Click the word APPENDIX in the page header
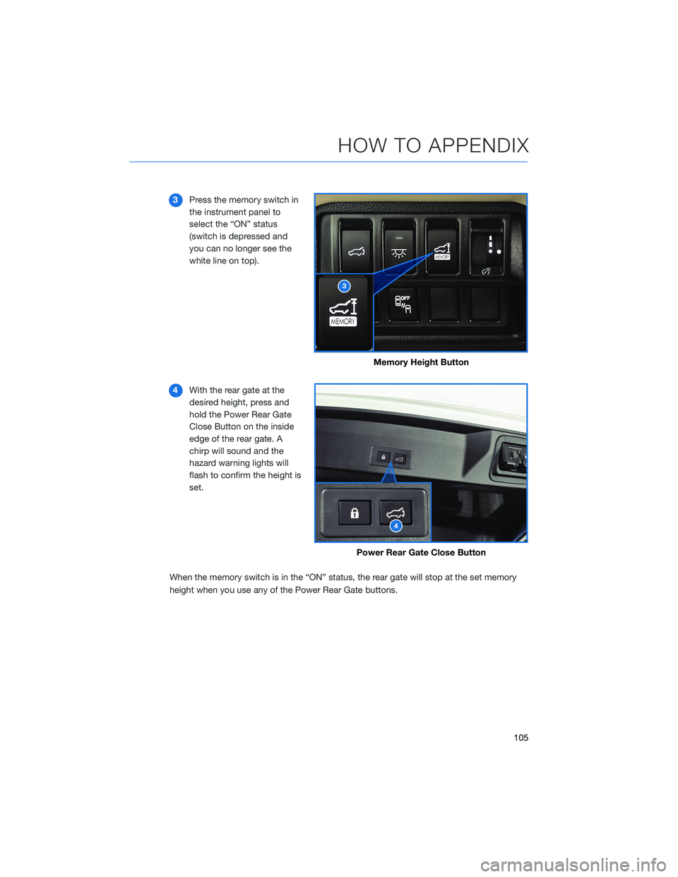click(x=478, y=145)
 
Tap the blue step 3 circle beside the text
click(x=176, y=200)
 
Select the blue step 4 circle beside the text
click(x=176, y=390)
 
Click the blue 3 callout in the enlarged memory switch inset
click(x=344, y=286)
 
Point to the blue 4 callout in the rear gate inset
click(x=396, y=526)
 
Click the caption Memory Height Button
click(x=421, y=362)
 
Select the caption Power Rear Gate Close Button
click(x=421, y=553)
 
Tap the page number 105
click(x=521, y=738)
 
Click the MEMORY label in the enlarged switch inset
click(x=343, y=321)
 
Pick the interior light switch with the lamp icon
click(x=399, y=247)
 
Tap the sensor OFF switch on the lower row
click(x=403, y=305)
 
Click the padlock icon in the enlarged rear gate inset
click(x=355, y=513)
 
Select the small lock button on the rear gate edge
click(x=383, y=458)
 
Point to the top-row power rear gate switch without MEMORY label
click(x=357, y=248)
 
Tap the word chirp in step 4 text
click(x=201, y=451)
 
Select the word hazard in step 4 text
click(x=203, y=463)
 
